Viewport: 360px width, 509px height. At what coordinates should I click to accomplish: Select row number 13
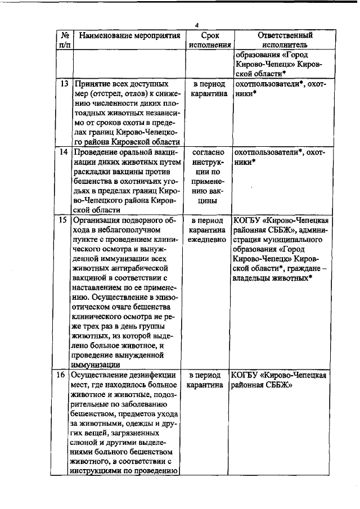65,84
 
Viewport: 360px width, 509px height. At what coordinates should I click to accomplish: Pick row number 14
65,152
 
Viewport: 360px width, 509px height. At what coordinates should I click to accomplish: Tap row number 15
65,220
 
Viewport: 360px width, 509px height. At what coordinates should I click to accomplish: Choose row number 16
65,375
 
